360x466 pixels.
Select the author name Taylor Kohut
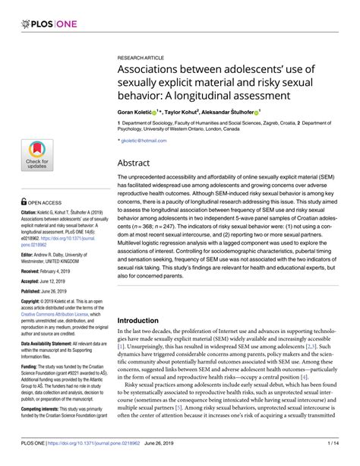(193, 111)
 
